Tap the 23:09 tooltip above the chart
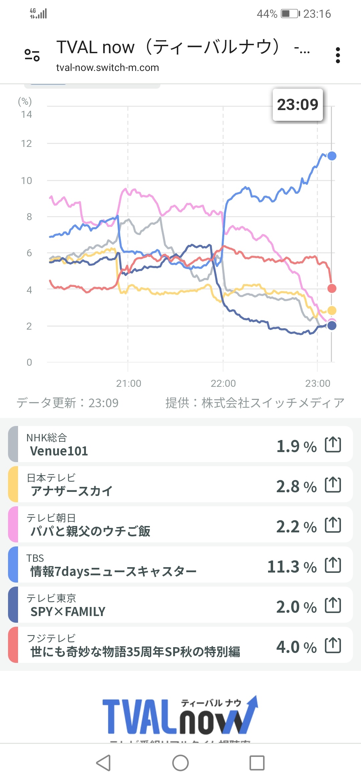point(297,105)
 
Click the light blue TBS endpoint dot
point(332,156)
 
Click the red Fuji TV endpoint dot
point(332,288)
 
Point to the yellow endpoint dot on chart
point(332,311)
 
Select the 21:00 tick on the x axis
point(128,383)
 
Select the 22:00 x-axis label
point(223,383)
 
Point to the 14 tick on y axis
point(26,114)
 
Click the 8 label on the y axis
point(29,217)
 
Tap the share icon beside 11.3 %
point(333,565)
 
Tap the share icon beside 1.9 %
point(333,445)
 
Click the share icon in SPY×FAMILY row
point(333,605)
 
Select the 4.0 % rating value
point(296,647)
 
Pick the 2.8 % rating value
point(296,486)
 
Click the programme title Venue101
point(59,451)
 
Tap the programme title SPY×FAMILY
point(68,612)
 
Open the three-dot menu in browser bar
point(338,55)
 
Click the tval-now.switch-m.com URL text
point(107,68)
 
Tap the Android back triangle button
point(104,763)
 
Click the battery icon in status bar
point(290,14)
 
